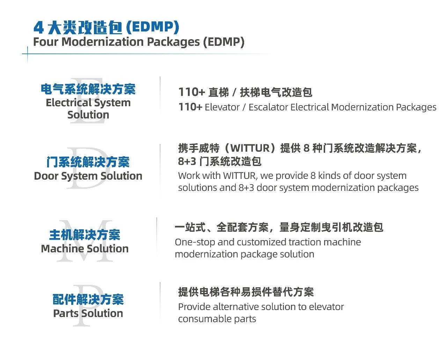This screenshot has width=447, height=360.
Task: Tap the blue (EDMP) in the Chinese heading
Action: pyautogui.click(x=153, y=27)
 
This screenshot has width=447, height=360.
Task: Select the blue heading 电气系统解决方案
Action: pyautogui.click(x=88, y=89)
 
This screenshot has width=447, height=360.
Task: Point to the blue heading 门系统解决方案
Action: pyautogui.click(x=88, y=162)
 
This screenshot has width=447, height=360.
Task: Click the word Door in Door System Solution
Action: pyautogui.click(x=46, y=176)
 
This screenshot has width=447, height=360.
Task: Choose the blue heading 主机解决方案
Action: pyautogui.click(x=85, y=235)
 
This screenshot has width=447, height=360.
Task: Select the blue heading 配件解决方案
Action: pyautogui.click(x=88, y=299)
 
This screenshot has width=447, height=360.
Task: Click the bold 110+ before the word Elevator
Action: pyautogui.click(x=190, y=107)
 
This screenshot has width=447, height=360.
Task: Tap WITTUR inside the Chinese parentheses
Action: pyautogui.click(x=250, y=148)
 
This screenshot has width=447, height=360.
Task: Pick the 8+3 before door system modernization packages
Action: pyautogui.click(x=246, y=188)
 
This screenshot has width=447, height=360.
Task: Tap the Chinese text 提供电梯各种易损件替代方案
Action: pyautogui.click(x=246, y=292)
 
